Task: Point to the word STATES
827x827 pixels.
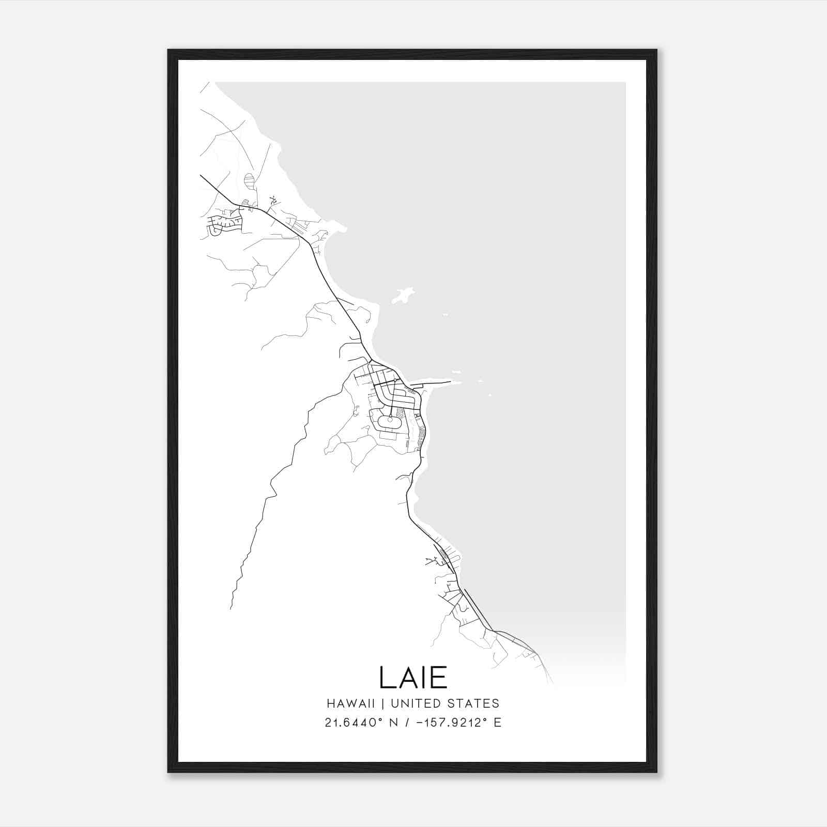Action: tap(474, 703)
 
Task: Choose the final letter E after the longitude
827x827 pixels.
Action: tap(497, 723)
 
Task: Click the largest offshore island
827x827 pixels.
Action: tap(403, 296)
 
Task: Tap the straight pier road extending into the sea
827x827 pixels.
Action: tap(437, 384)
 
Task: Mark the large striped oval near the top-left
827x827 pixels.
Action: tap(249, 181)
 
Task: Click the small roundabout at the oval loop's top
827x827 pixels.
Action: tap(390, 419)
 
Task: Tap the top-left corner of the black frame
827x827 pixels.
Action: tap(169, 50)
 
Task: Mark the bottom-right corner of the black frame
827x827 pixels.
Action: tap(656, 772)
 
